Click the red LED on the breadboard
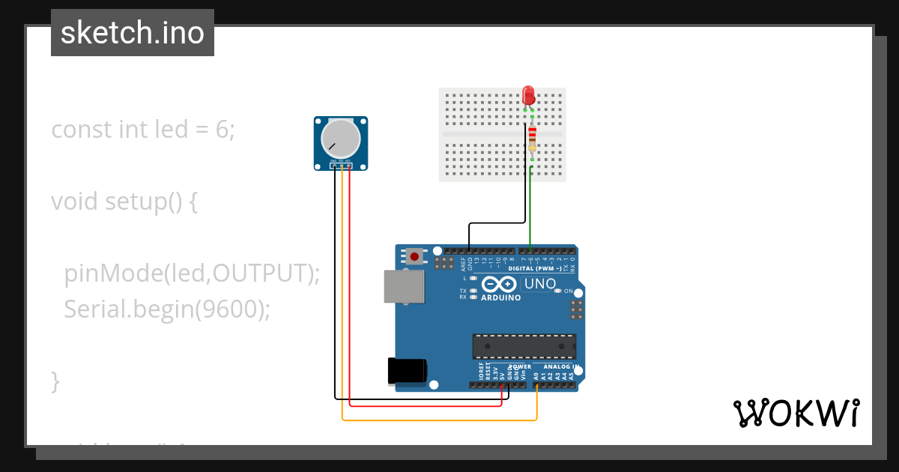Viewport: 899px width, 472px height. pos(528,95)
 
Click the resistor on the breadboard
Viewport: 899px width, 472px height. pos(532,137)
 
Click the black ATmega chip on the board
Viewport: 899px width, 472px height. pos(524,346)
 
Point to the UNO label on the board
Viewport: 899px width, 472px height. pos(539,284)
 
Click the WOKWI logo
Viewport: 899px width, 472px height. pos(796,413)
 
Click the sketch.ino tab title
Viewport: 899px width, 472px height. pos(133,33)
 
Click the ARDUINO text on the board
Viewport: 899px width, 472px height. pos(501,297)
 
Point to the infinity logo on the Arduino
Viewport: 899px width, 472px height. pos(500,284)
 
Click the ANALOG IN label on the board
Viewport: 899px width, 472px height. pos(560,366)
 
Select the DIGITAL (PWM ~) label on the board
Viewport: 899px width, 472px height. pos(535,267)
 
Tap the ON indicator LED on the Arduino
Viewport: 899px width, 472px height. pos(558,291)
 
